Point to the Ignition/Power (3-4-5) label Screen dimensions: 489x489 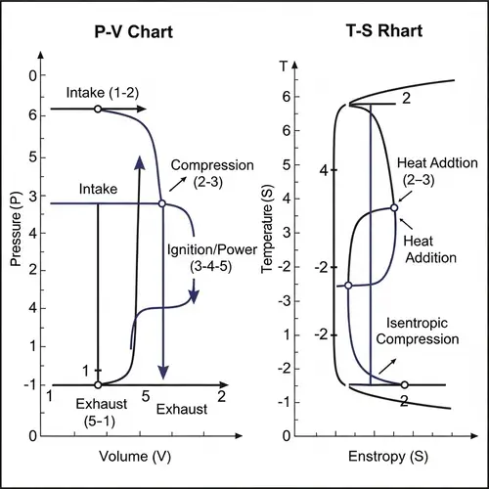click(x=203, y=257)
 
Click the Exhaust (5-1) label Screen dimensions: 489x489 click(x=99, y=411)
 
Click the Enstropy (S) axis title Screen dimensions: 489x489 click(x=384, y=457)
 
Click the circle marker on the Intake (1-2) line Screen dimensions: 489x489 click(x=97, y=110)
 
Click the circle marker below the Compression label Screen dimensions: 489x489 click(x=161, y=203)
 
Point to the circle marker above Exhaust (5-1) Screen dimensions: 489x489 click(x=98, y=385)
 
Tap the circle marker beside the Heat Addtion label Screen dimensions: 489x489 click(x=394, y=207)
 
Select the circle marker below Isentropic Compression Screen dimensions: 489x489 click(x=405, y=384)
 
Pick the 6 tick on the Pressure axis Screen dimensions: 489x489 click(x=32, y=114)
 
